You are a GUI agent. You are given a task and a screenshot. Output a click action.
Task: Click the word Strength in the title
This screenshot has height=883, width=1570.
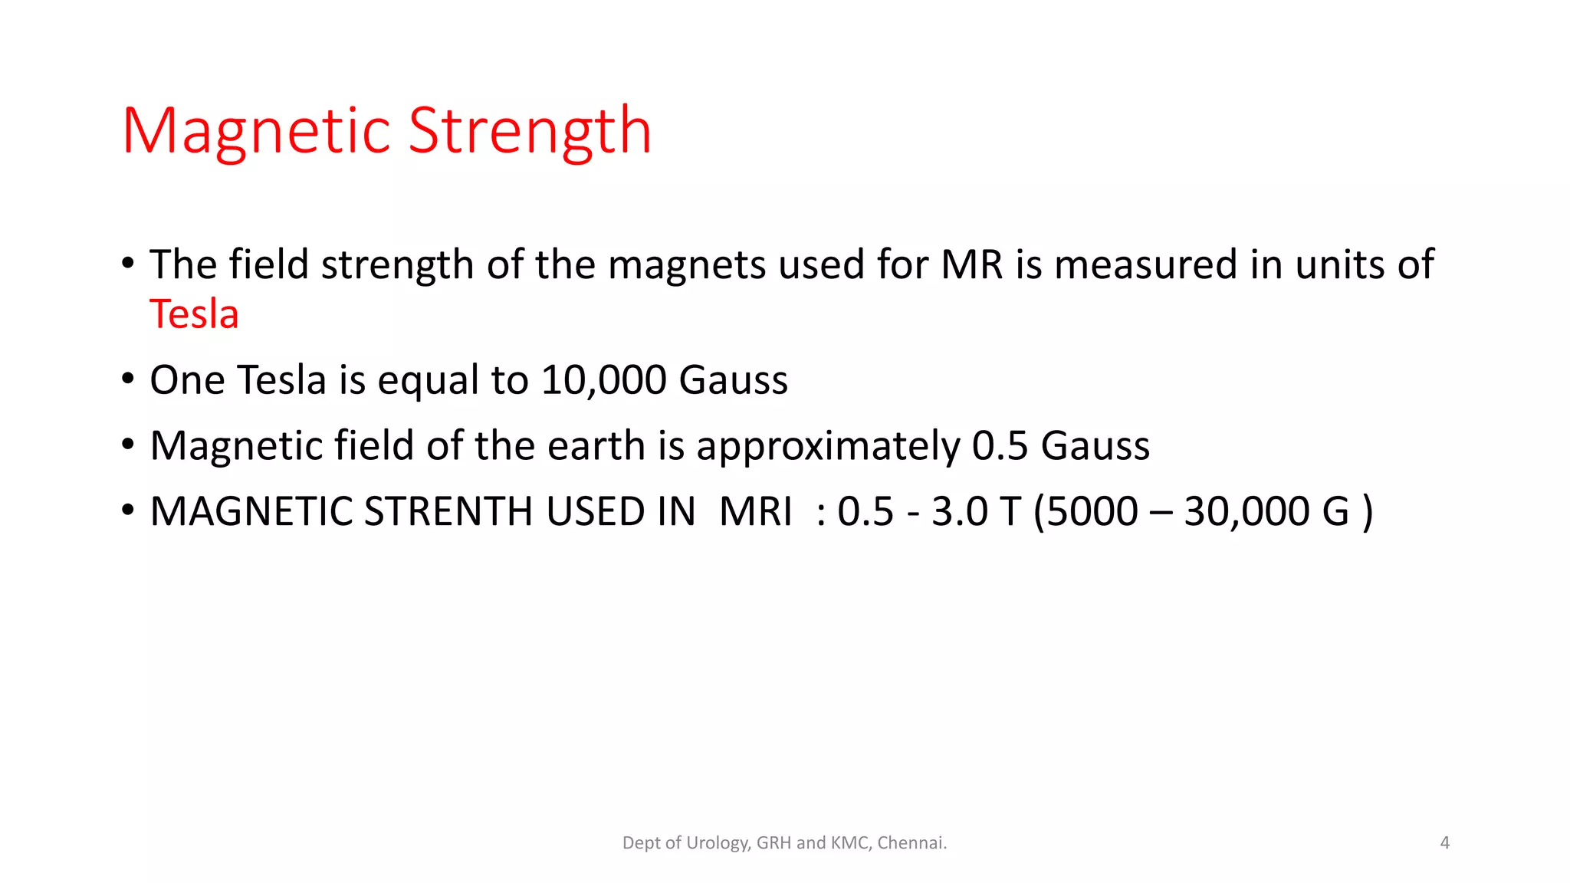pyautogui.click(x=530, y=131)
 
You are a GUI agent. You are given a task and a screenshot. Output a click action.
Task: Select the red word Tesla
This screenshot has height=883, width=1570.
pyautogui.click(x=194, y=314)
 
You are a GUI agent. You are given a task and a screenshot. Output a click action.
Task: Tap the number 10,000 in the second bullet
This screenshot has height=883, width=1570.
pyautogui.click(x=603, y=380)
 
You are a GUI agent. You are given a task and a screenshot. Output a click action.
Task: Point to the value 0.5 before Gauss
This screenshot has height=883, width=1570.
pyautogui.click(x=1000, y=446)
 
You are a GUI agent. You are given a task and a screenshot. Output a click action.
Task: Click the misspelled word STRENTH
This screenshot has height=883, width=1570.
pyautogui.click(x=448, y=512)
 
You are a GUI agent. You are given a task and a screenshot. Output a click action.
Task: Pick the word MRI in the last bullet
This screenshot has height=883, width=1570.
pyautogui.click(x=756, y=512)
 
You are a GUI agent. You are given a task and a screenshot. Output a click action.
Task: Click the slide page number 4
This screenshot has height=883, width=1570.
pyautogui.click(x=1444, y=843)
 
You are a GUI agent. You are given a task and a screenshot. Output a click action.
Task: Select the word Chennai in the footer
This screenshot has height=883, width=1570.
pyautogui.click(x=911, y=843)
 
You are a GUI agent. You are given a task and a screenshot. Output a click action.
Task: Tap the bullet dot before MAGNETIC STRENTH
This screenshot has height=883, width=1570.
pyautogui.click(x=128, y=510)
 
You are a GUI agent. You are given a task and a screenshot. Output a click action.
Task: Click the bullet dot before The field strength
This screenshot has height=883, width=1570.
pyautogui.click(x=128, y=263)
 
